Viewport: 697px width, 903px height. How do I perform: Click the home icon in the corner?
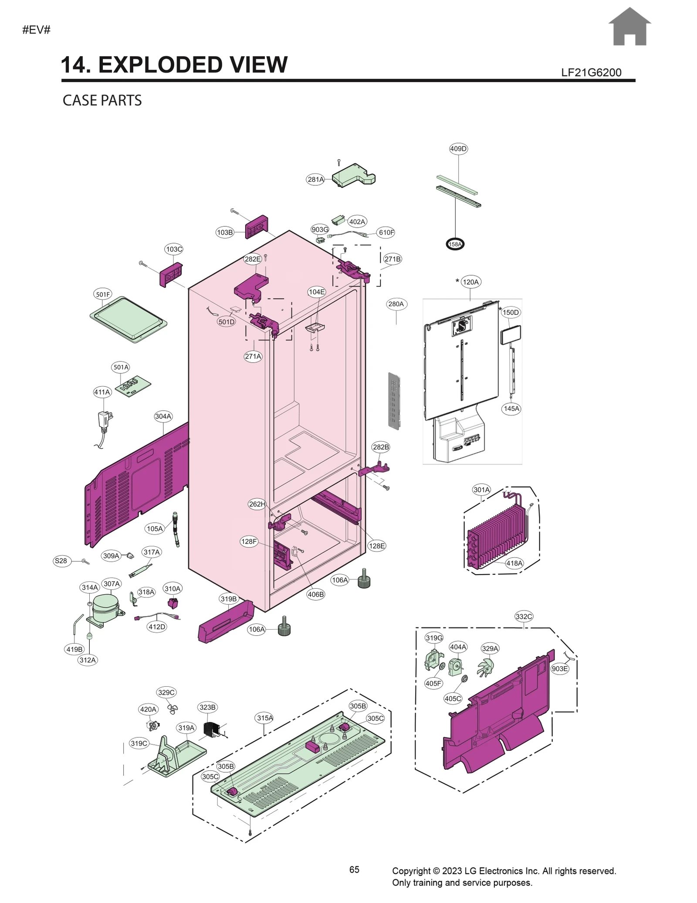[629, 27]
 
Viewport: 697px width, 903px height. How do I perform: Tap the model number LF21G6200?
[591, 72]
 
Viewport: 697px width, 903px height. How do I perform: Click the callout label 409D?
[458, 149]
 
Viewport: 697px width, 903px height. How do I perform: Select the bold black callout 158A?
[455, 244]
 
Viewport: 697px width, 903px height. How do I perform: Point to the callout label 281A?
[315, 179]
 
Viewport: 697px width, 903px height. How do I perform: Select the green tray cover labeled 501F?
[128, 319]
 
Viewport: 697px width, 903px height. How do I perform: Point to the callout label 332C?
[524, 616]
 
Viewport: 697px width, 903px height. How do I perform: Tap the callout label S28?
[61, 561]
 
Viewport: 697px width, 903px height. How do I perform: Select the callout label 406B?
[315, 594]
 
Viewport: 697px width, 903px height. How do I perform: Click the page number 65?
[354, 869]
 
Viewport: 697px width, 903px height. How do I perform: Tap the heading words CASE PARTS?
[102, 100]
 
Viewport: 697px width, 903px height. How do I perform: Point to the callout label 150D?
[511, 312]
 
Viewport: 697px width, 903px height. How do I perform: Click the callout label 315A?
[264, 718]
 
